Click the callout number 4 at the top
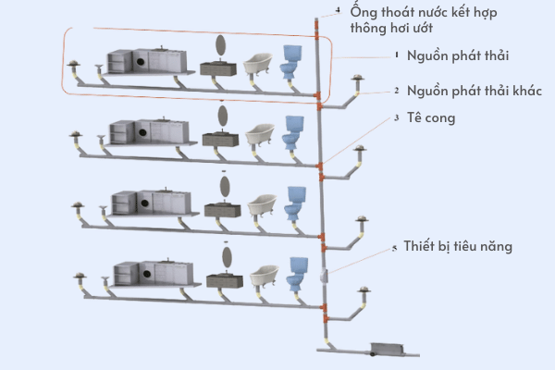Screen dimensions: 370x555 [x=339, y=10]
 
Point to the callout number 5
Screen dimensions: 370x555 [x=395, y=248]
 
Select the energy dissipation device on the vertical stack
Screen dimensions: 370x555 [x=324, y=275]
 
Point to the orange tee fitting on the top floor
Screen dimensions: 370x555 [x=319, y=95]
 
